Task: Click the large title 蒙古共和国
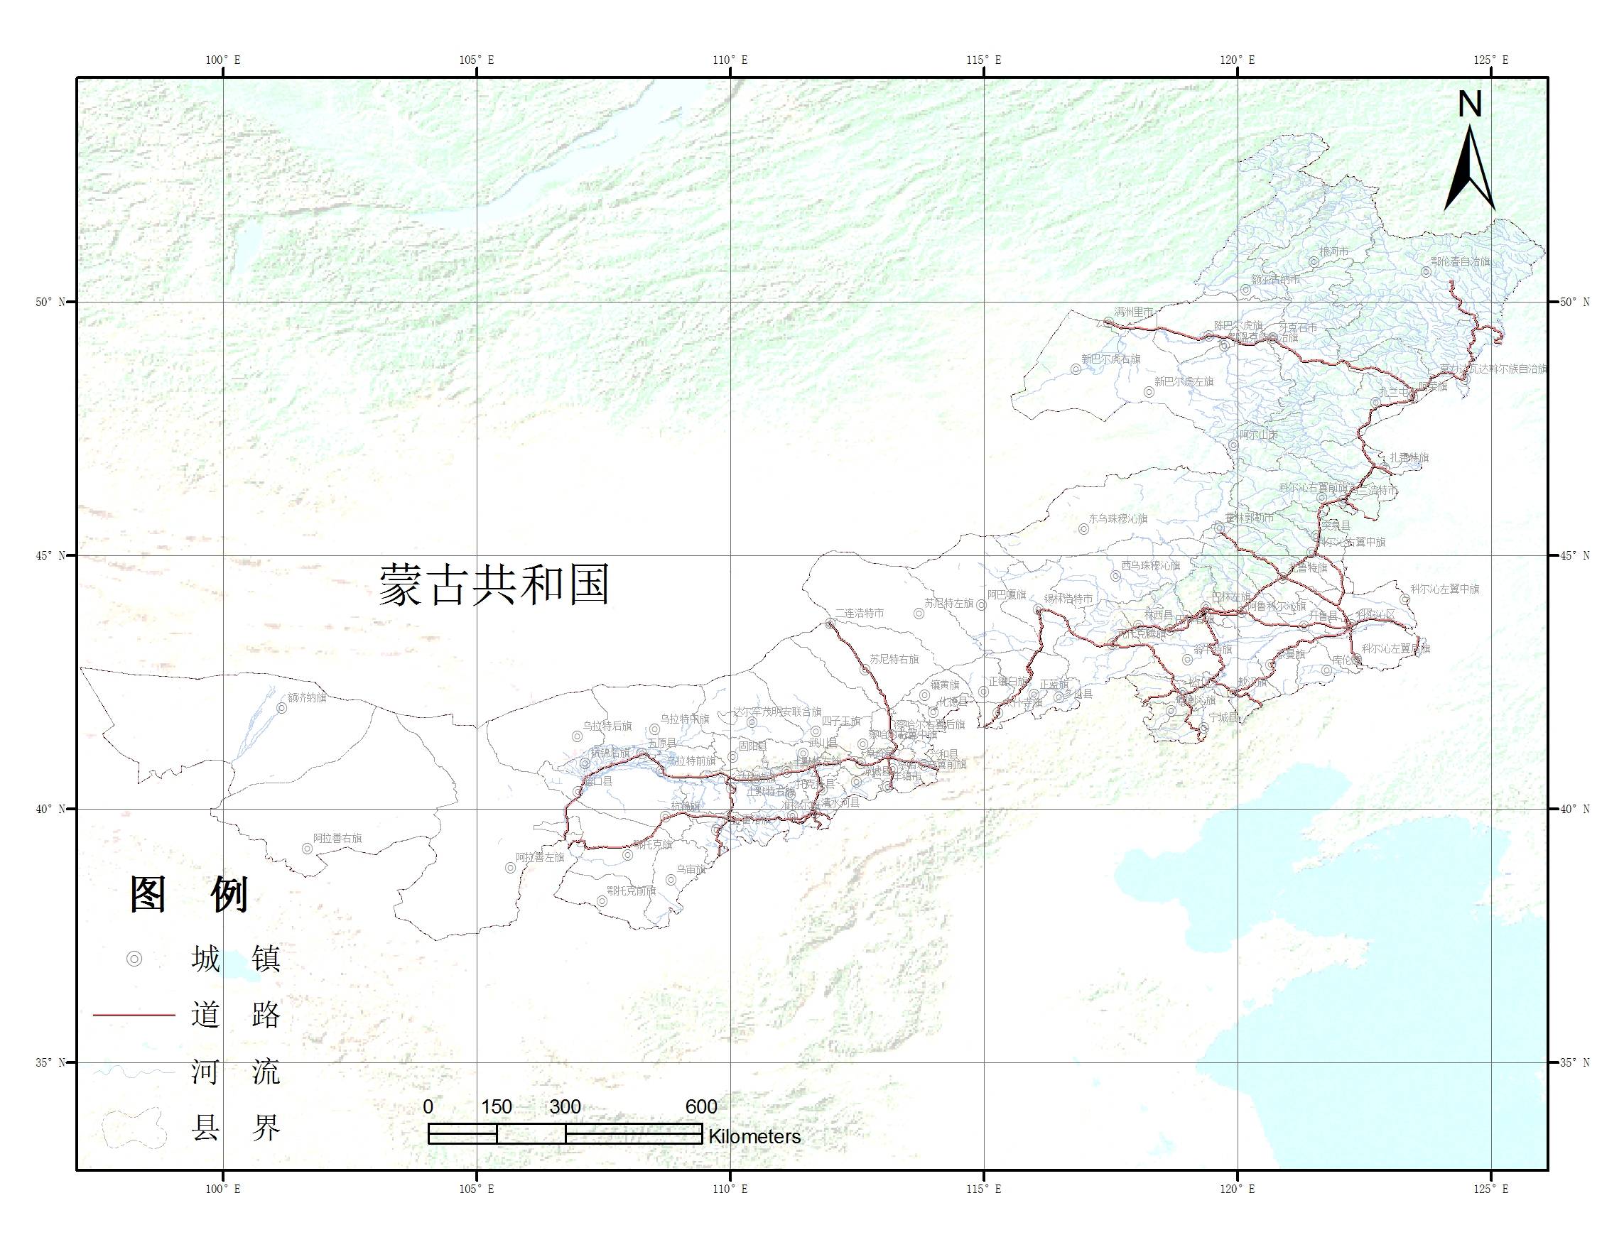click(494, 584)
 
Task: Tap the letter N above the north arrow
click(1470, 104)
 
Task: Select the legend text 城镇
click(235, 959)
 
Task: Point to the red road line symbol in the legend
click(134, 1015)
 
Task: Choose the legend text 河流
click(235, 1072)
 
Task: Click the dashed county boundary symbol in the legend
click(134, 1128)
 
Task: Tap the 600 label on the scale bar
click(701, 1106)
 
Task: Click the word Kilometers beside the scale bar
click(754, 1136)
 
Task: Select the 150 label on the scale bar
click(496, 1106)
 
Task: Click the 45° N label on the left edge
click(50, 555)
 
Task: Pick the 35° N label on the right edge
click(1574, 1062)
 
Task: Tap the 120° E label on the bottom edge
click(1237, 1189)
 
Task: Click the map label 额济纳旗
click(307, 698)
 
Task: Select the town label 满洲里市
click(1134, 312)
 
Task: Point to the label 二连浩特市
click(859, 613)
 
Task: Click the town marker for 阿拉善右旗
click(307, 849)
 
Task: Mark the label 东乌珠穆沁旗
click(1117, 519)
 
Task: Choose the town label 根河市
click(1333, 252)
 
